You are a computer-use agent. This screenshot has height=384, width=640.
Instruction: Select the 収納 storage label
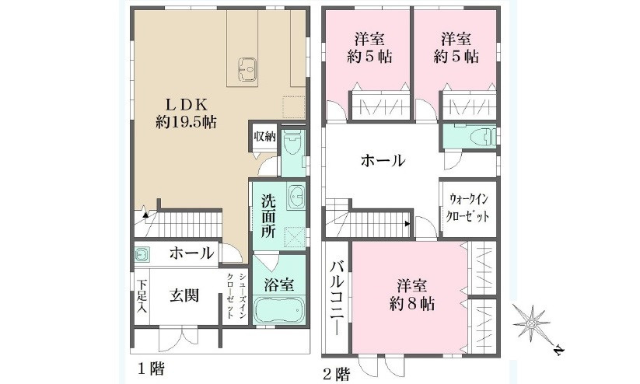coord(264,137)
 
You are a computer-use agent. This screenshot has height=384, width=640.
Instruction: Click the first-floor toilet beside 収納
coord(292,145)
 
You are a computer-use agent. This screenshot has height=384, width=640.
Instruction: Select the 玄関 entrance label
coord(184,296)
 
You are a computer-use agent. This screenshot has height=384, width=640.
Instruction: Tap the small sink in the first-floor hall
coord(142,253)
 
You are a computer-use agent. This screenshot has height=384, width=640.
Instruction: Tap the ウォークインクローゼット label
coord(469,207)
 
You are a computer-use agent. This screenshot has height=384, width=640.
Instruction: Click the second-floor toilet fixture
coord(481,138)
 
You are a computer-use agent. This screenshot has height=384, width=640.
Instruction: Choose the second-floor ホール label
coord(382,162)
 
